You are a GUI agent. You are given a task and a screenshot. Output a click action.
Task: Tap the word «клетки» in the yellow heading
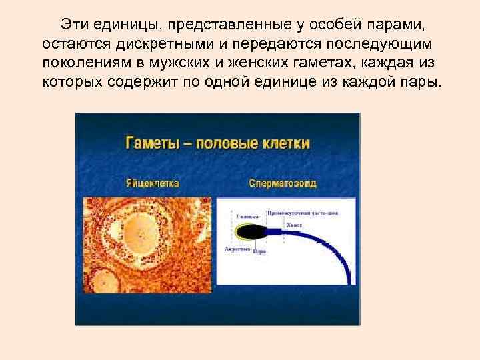click(283, 143)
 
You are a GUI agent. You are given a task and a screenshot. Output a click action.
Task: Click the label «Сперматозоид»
click(283, 183)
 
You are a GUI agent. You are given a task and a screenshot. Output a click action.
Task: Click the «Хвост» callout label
click(294, 226)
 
